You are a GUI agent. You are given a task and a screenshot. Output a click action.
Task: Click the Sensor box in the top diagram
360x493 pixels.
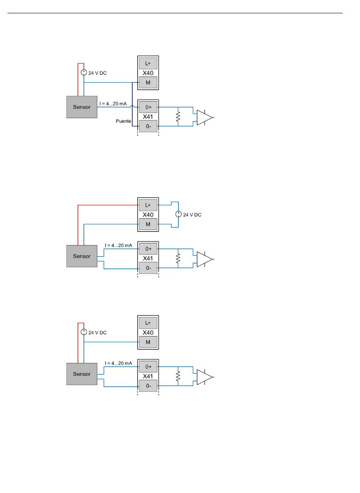click(81, 107)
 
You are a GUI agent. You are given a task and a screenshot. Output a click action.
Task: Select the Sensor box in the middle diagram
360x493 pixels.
click(81, 256)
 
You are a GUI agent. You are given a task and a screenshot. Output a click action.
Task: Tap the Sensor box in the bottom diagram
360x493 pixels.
click(81, 374)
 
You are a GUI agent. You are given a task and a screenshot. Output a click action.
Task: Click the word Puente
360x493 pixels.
click(124, 121)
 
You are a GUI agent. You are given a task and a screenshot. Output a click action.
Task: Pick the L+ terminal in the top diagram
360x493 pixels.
click(148, 63)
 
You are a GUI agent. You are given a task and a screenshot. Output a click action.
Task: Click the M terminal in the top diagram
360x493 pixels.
click(148, 83)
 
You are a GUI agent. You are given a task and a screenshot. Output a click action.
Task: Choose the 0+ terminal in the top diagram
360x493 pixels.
click(148, 107)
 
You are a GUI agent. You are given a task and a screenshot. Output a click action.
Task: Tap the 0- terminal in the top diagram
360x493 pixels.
click(148, 126)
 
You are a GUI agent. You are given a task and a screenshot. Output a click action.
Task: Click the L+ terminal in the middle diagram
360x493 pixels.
click(148, 205)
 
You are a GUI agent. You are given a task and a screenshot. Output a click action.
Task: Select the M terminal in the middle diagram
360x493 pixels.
click(148, 224)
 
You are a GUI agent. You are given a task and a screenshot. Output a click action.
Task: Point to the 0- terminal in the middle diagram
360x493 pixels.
click(148, 268)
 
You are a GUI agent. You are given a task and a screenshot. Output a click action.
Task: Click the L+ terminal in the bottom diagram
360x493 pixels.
click(148, 323)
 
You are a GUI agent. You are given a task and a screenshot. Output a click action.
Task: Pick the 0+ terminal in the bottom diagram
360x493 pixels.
click(148, 367)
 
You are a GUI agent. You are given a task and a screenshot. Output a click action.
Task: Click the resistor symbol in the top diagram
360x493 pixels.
click(178, 117)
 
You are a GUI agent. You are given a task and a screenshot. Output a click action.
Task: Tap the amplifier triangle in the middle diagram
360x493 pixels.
click(205, 259)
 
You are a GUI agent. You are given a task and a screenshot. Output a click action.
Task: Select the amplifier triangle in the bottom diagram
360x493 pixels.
click(205, 377)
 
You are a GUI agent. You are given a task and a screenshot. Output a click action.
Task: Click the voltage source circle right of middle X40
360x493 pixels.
click(178, 214)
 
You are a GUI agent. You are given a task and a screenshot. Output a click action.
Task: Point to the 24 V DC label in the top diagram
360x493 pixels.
click(97, 73)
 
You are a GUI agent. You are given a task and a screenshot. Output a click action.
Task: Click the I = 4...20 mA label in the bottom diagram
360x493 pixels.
click(118, 363)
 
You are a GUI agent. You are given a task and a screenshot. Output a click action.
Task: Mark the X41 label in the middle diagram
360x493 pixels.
click(148, 258)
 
